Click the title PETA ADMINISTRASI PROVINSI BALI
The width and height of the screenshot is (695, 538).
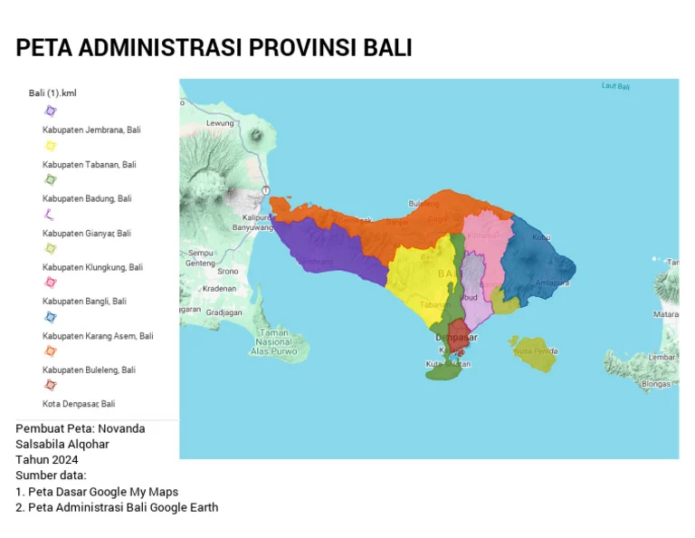pos(214,48)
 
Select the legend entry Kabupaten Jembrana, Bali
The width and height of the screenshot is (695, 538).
pos(91,130)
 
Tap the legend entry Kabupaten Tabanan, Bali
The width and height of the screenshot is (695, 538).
pos(89,165)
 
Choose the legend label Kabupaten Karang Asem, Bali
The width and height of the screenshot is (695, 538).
pos(98,336)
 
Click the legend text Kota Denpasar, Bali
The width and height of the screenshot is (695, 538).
pos(79,404)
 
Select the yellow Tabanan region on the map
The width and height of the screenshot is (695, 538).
pos(419,276)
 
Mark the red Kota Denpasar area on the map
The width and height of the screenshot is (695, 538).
pos(459,337)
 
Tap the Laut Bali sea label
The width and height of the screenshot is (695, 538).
pos(615,87)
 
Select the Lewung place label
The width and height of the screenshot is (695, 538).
pos(220,123)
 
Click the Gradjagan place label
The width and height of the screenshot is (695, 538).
pos(224,312)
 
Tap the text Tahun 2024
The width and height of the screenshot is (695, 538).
pos(47,459)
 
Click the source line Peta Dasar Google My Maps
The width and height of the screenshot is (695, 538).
pos(97,492)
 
